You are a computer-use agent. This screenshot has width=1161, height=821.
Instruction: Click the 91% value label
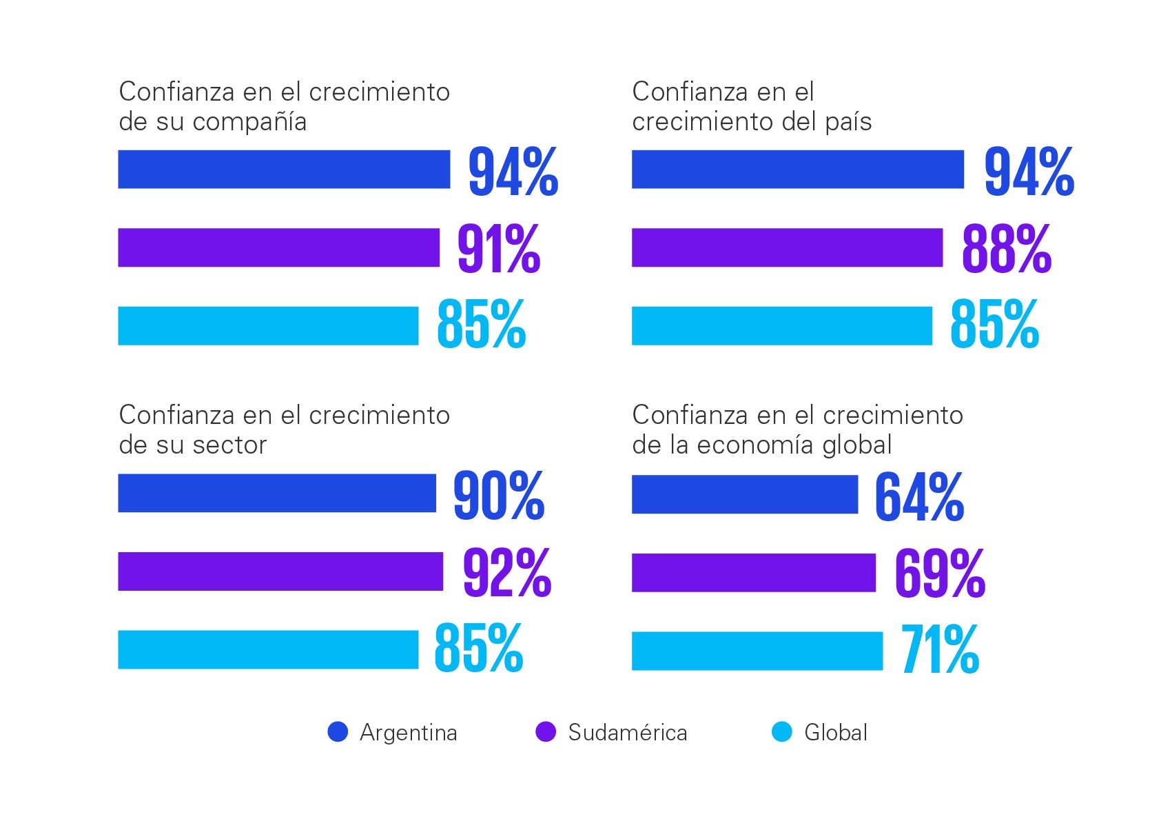(499, 248)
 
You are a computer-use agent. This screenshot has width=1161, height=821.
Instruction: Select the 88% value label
(1007, 248)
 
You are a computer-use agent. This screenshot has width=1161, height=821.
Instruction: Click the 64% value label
(919, 496)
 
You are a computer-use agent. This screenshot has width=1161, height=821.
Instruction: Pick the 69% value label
(940, 574)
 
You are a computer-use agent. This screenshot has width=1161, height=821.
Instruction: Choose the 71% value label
(940, 649)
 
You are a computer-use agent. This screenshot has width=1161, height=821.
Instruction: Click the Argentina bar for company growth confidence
(284, 170)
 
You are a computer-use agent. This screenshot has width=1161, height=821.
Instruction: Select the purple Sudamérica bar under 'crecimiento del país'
(787, 247)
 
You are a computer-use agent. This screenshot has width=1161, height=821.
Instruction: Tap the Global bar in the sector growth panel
(268, 649)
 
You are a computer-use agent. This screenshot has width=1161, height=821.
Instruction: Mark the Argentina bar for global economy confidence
(745, 494)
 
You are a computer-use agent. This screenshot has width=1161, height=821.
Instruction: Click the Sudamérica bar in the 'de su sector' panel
(280, 571)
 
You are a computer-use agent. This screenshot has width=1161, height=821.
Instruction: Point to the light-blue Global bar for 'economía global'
(757, 651)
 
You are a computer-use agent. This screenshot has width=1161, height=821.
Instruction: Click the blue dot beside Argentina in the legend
(338, 732)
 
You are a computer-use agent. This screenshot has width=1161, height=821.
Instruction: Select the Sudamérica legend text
(627, 733)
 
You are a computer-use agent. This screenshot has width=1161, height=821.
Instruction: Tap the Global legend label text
(836, 733)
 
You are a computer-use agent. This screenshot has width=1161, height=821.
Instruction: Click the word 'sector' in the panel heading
(229, 445)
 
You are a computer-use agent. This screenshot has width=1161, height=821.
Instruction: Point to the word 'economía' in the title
(756, 445)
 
